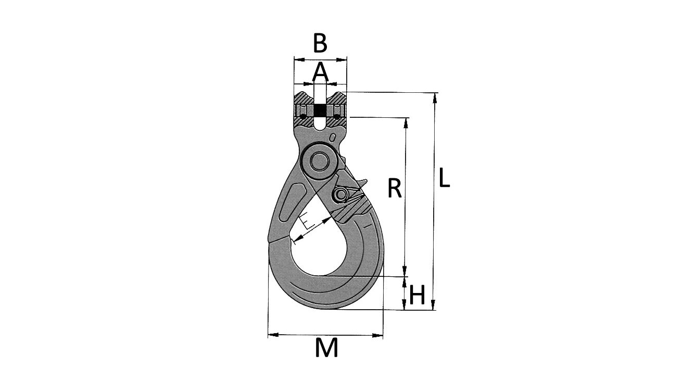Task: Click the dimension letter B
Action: [320, 43]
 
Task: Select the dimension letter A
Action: [320, 72]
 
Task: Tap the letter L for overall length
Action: [444, 178]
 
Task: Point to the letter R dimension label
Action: [395, 189]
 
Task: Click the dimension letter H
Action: [417, 296]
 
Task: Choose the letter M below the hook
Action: [326, 348]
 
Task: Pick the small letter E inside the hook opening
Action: [308, 222]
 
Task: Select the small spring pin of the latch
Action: [341, 195]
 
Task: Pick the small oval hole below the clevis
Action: [332, 138]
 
